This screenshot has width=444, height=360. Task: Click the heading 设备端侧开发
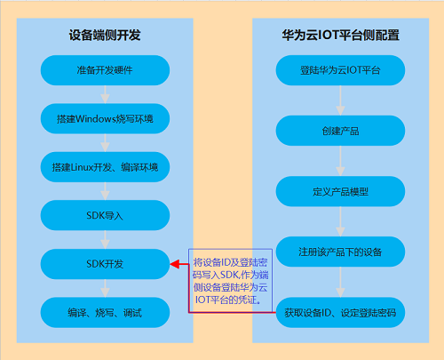coord(105,35)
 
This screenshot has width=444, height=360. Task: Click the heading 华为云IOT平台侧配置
coord(340,35)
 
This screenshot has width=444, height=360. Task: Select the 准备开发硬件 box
coord(105,70)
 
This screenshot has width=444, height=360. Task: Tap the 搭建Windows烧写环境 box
coord(105,118)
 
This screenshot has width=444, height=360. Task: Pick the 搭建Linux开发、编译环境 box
coord(105,167)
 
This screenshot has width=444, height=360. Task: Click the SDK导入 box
coord(105,215)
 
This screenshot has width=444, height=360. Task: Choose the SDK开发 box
coord(105,264)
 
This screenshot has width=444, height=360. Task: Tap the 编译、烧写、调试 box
coord(105,312)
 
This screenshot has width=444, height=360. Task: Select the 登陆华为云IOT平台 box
coord(340,70)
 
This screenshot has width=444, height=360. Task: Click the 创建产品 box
coord(340,131)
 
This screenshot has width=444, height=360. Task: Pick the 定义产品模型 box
coord(340,191)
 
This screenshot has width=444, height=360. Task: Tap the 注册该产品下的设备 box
coord(340,252)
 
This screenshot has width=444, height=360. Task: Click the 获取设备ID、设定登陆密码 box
coord(340,312)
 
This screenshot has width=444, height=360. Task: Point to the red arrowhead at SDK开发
coord(175,264)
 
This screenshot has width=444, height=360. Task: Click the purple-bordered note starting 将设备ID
coord(230,280)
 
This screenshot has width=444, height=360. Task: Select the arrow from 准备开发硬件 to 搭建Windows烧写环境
coord(105,94)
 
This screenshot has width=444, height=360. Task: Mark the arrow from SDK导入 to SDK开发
coord(105,240)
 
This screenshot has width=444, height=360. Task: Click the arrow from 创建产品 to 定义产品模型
coord(340,161)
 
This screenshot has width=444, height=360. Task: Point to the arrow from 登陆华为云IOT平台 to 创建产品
coord(340,100)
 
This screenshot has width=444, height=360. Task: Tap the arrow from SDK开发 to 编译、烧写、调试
coord(105,288)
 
